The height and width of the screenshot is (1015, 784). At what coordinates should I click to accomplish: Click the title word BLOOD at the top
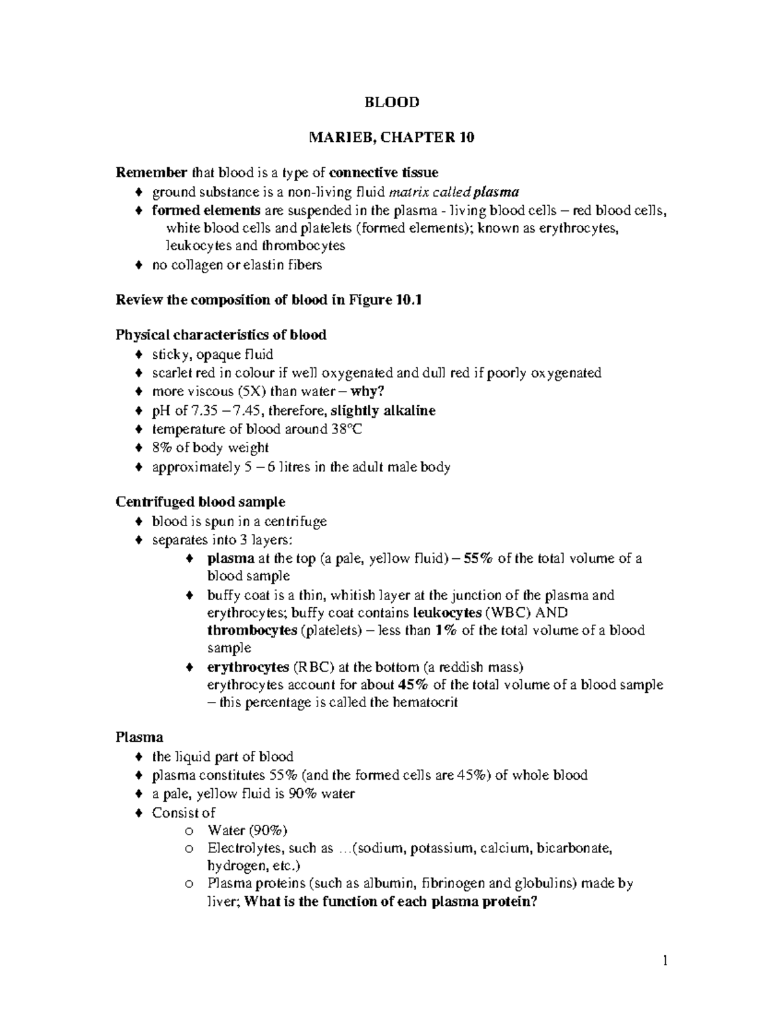tap(391, 102)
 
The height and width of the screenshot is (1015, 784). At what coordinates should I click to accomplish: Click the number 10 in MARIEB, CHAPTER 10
tap(466, 137)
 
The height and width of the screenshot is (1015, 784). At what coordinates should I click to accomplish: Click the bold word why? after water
tap(368, 391)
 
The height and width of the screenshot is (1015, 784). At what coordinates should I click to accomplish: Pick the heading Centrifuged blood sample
tap(200, 502)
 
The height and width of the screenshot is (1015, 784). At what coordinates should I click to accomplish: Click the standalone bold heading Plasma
tap(139, 737)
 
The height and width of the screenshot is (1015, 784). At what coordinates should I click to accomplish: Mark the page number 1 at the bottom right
tap(665, 961)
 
